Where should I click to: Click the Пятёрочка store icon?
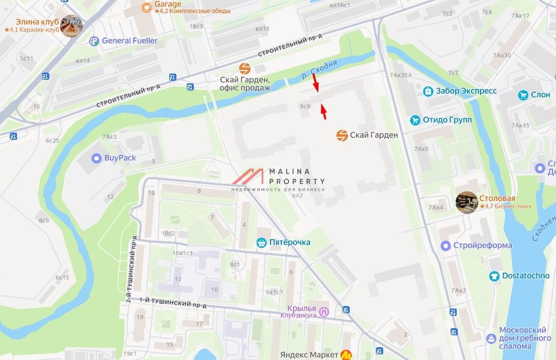(261, 242)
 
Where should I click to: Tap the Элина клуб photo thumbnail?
(71, 26)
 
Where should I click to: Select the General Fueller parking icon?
(94, 41)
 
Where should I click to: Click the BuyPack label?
(120, 158)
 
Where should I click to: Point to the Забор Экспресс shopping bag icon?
(428, 91)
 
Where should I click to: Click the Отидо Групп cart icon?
(415, 120)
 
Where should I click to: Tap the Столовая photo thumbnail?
(467, 202)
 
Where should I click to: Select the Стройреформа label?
(482, 245)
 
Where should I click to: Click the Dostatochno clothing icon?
(494, 276)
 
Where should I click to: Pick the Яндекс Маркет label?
(309, 354)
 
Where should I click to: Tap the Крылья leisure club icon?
(325, 312)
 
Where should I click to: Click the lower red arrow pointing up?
(324, 111)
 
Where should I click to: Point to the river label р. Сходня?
(319, 69)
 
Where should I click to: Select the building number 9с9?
(305, 106)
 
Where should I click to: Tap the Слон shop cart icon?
(524, 95)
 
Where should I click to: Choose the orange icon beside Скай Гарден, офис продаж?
(245, 68)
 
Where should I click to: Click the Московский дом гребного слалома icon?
(491, 338)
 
